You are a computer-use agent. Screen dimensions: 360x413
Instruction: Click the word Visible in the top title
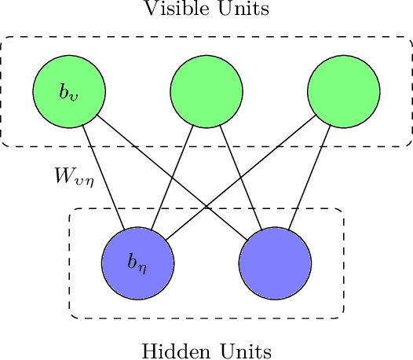(x=173, y=9)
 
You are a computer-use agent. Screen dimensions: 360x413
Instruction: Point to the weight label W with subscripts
(x=74, y=176)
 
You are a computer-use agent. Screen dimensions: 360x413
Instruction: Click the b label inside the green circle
(x=68, y=92)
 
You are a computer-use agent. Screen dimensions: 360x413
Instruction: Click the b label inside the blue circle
(x=137, y=263)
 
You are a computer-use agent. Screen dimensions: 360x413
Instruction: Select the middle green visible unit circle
(x=206, y=92)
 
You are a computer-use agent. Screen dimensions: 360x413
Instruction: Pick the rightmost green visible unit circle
(x=344, y=92)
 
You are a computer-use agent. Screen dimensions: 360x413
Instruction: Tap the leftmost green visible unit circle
(x=68, y=92)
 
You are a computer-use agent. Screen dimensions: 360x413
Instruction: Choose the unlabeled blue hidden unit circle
(x=276, y=263)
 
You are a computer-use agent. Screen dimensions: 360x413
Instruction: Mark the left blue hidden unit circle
(x=137, y=263)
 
